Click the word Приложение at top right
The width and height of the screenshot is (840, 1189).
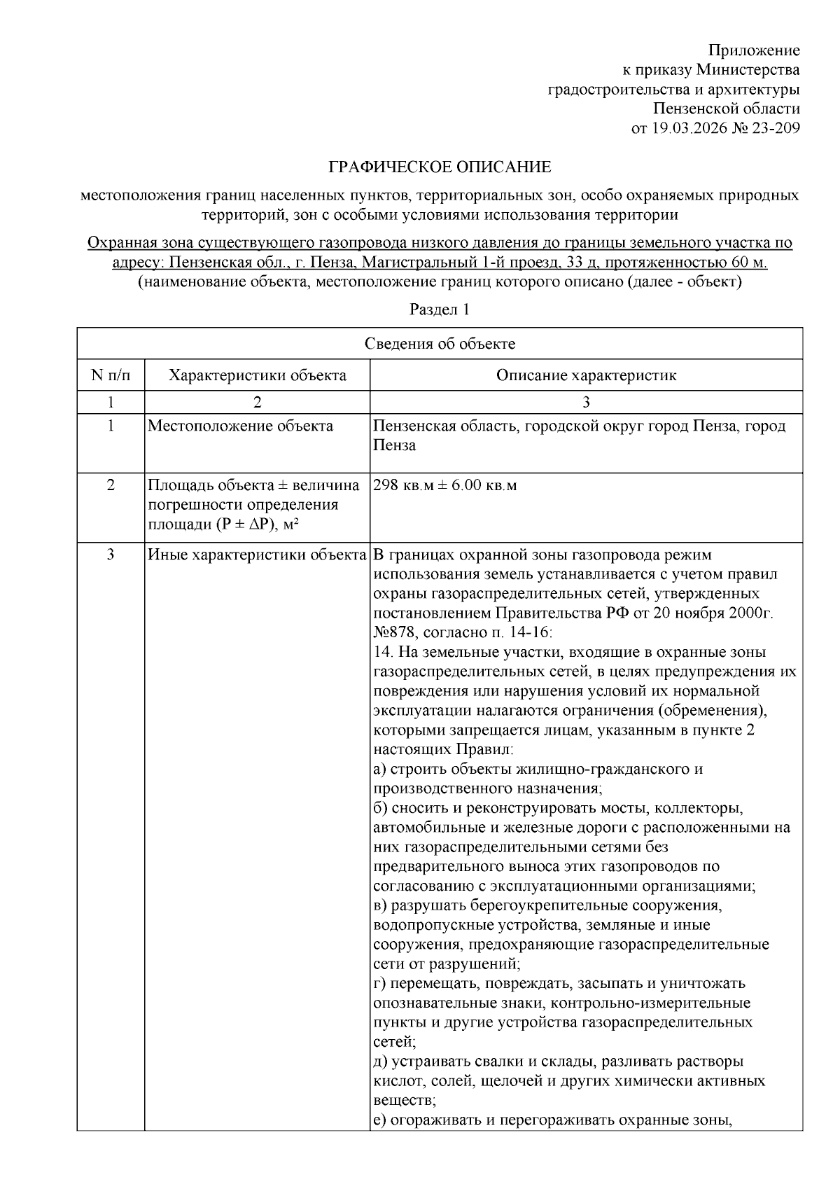[x=754, y=50]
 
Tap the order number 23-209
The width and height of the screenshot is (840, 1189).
[x=773, y=128]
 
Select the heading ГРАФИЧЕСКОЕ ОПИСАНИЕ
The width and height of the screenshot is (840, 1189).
[x=440, y=167]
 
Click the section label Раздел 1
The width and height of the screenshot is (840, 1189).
[x=440, y=310]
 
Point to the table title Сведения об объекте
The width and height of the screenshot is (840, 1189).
[x=440, y=344]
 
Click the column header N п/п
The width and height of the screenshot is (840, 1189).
[x=111, y=375]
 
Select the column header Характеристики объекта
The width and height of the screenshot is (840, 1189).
[x=258, y=375]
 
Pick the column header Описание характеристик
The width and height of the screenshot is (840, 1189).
[x=587, y=375]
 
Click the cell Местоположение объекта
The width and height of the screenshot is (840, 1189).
[x=241, y=426]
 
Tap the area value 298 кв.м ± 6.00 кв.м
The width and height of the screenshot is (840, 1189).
[x=445, y=485]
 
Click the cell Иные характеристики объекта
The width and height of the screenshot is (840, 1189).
[x=258, y=555]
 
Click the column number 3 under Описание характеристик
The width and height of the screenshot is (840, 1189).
[x=587, y=402]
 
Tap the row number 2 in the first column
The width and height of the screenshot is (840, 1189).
[x=111, y=485]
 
